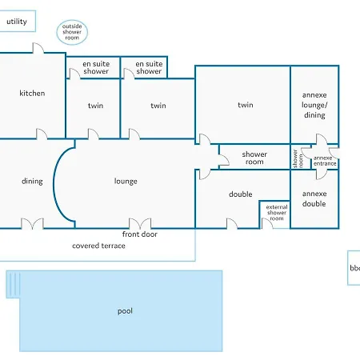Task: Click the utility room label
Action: coord(17,22)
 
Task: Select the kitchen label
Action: coord(32,93)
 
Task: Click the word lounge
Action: coord(126,182)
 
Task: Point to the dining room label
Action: coord(32,182)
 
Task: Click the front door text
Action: coord(139,234)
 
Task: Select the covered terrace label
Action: coord(98,246)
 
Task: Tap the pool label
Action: coord(125,311)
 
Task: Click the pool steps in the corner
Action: coord(14,284)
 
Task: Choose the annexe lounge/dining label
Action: coord(314,105)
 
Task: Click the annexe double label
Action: coord(314,198)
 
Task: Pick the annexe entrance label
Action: coord(325,161)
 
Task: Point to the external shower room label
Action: coord(277,213)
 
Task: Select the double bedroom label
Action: coord(240,194)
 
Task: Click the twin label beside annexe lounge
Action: coord(246,105)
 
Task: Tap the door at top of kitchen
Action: coord(38,48)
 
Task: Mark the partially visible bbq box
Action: coord(354,268)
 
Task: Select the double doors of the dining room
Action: coord(32,223)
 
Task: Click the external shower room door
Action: coord(267,223)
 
